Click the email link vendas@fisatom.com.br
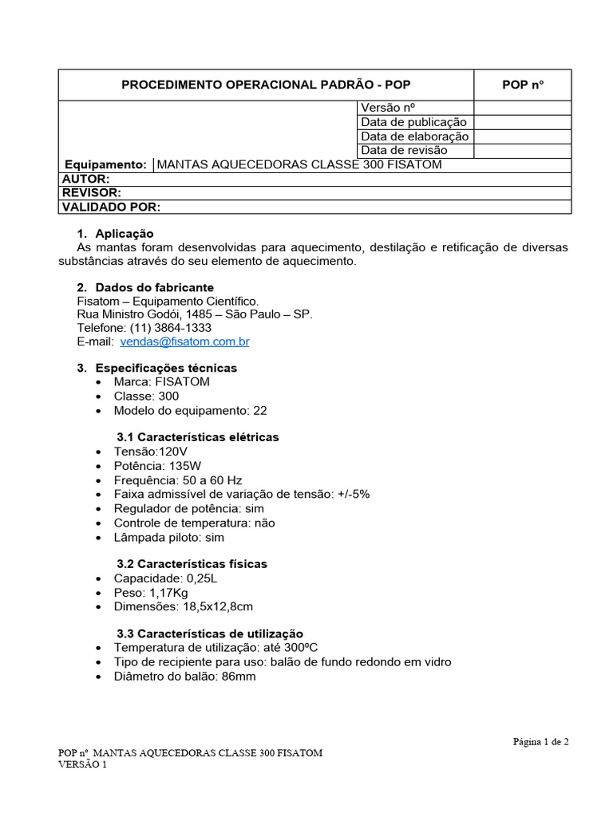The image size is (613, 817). click(x=185, y=341)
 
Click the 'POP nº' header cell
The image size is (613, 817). click(x=523, y=85)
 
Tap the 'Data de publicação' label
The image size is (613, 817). click(x=413, y=122)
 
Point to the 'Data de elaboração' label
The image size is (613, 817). click(x=415, y=136)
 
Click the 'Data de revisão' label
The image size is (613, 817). click(x=404, y=150)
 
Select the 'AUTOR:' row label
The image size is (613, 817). click(x=85, y=179)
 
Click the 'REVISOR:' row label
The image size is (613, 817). click(x=91, y=193)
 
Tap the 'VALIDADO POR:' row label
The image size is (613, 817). click(x=111, y=207)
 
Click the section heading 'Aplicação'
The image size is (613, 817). click(x=124, y=234)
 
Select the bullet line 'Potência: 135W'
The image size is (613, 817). click(x=157, y=466)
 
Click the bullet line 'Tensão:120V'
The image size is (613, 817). click(x=152, y=452)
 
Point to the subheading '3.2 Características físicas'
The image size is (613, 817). click(x=192, y=564)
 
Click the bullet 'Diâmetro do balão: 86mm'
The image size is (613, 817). click(x=184, y=676)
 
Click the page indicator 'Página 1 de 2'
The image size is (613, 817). click(x=540, y=741)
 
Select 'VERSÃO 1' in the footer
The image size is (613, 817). click(x=83, y=764)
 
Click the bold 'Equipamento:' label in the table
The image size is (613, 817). click(x=105, y=165)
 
